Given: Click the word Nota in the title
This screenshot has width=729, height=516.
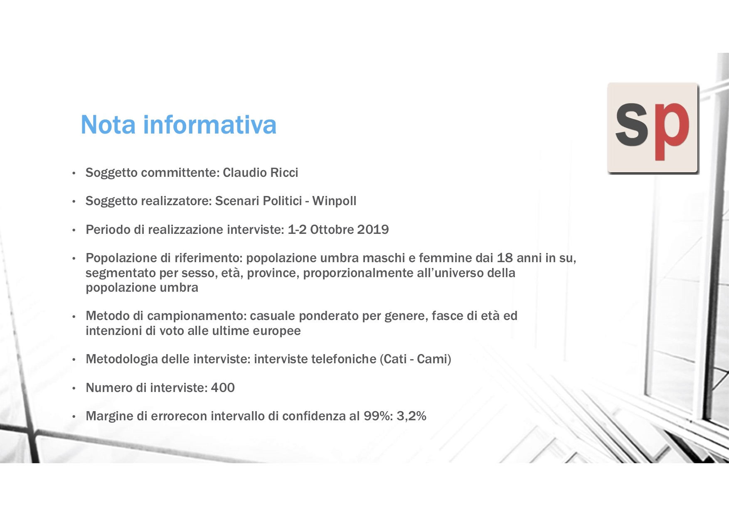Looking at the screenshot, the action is (x=108, y=124).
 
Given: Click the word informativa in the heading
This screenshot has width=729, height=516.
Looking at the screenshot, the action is (x=210, y=124).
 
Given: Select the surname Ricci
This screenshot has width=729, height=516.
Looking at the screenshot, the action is (x=284, y=173).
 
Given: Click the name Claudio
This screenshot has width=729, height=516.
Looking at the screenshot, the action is (x=245, y=173).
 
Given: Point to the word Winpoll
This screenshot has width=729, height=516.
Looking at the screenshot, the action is (x=335, y=201).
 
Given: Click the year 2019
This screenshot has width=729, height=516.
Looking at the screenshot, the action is (x=373, y=230).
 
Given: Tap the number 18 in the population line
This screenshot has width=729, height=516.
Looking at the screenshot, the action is (x=505, y=258).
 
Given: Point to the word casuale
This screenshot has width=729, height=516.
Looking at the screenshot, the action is (x=273, y=316).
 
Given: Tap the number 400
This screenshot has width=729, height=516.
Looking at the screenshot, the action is (x=223, y=388).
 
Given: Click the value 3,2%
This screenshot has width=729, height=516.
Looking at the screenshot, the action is (x=411, y=416).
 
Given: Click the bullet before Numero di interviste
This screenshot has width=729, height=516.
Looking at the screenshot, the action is (x=74, y=389).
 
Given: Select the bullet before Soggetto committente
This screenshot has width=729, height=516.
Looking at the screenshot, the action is (x=74, y=174).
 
